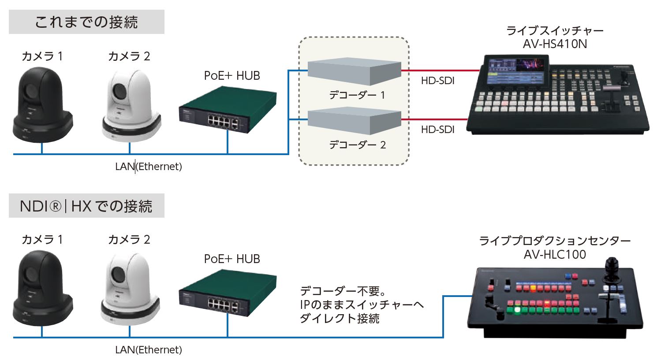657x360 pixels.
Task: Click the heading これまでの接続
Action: click(86, 22)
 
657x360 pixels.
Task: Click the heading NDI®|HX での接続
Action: click(86, 206)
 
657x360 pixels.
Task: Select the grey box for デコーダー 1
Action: click(354, 72)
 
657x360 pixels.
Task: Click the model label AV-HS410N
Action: click(555, 44)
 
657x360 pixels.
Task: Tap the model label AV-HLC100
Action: click(555, 255)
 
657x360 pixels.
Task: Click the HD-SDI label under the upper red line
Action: click(437, 81)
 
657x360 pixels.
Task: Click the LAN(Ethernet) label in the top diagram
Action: click(149, 167)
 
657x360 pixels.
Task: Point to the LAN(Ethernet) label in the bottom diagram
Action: click(149, 350)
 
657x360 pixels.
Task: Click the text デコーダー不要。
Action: click(343, 291)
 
